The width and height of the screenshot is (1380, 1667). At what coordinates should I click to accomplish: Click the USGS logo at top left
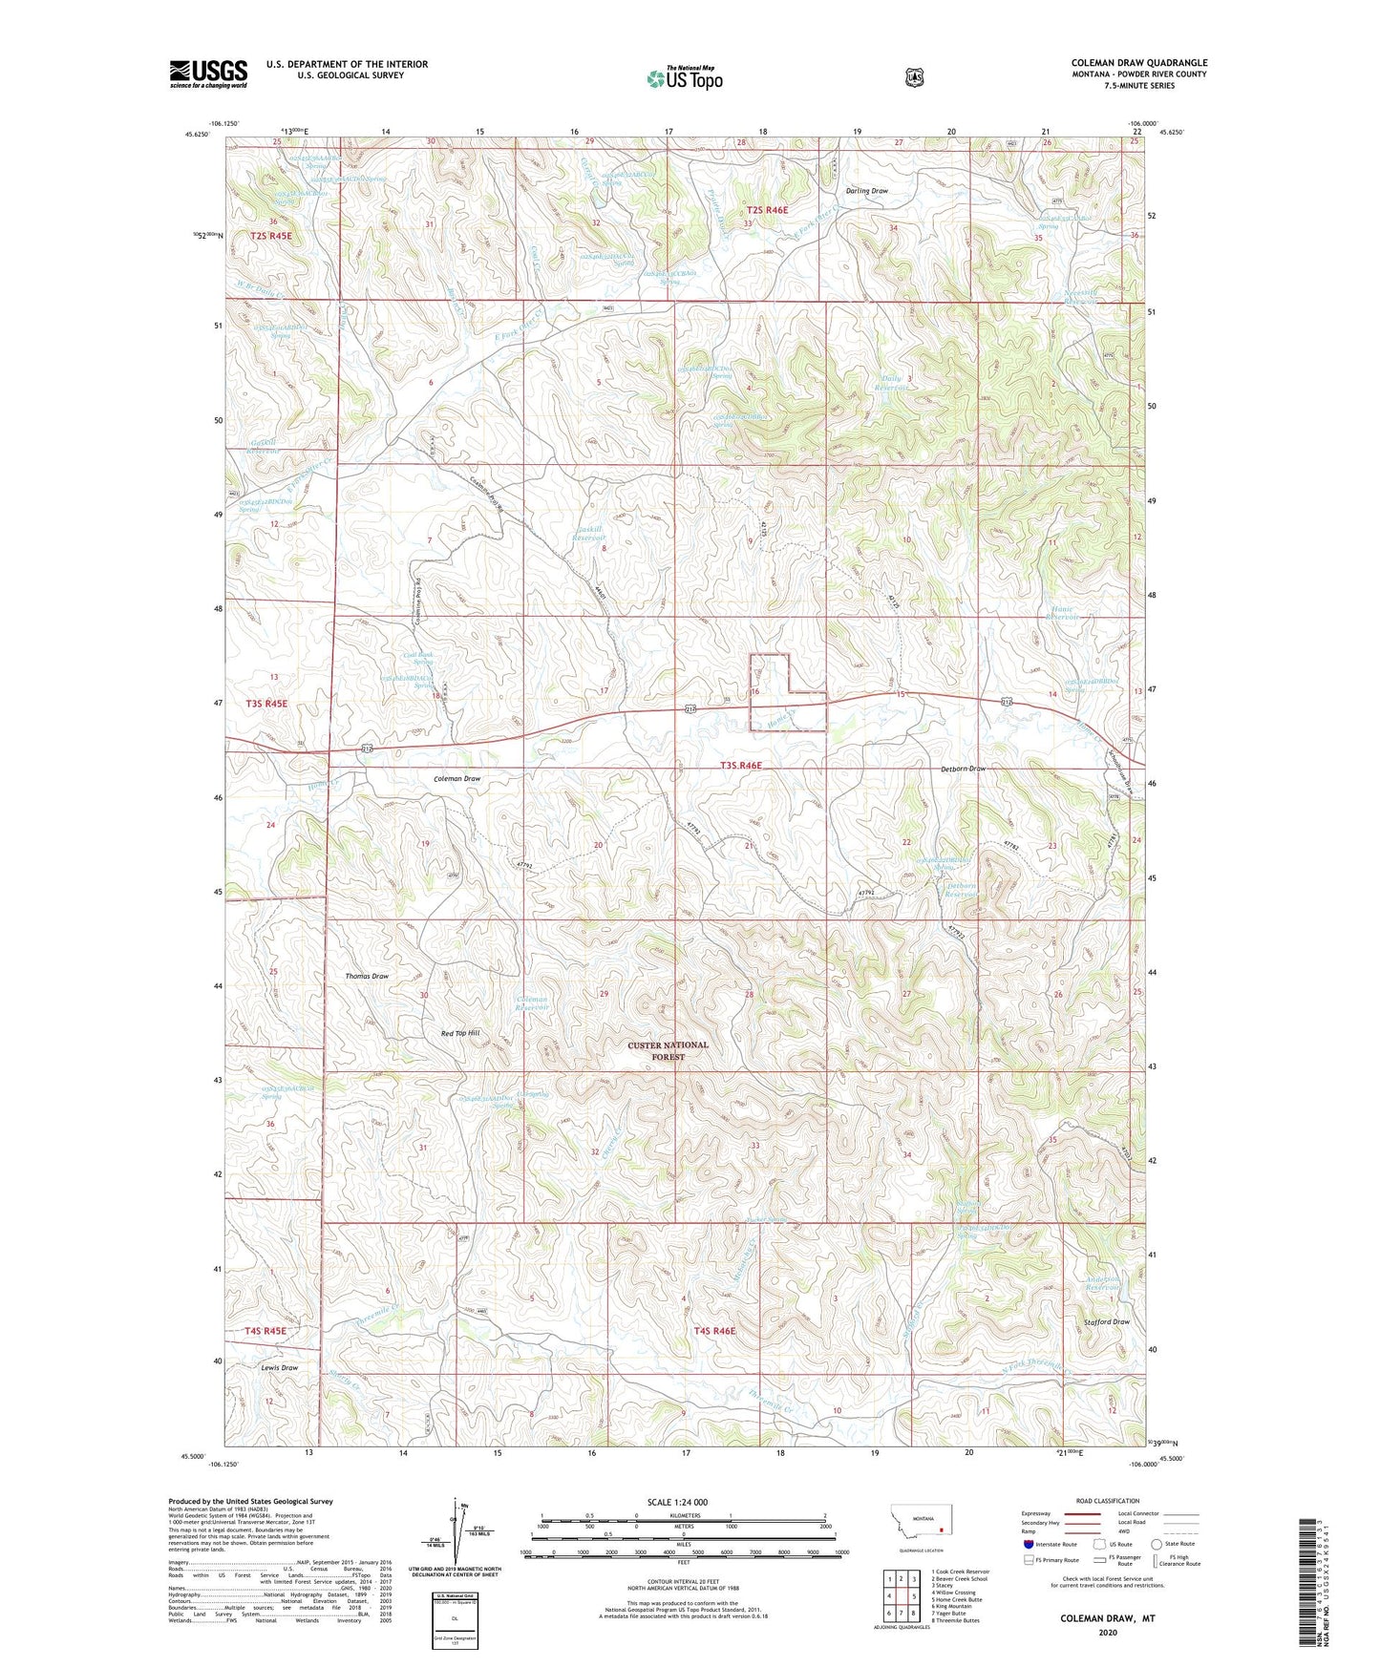click(208, 74)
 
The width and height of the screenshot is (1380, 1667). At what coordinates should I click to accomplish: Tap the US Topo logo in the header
click(683, 78)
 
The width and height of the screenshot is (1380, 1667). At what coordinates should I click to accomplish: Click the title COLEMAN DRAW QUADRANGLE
click(1138, 63)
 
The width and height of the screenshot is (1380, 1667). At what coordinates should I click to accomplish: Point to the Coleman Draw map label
click(458, 778)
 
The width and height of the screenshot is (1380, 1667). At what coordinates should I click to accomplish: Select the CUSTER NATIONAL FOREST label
click(668, 1050)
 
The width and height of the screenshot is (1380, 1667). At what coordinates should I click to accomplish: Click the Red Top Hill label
click(459, 1034)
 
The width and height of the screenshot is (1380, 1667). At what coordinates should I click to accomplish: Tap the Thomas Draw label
click(367, 976)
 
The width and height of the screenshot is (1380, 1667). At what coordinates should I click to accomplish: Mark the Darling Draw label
click(866, 191)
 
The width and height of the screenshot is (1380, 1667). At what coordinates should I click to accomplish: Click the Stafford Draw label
click(1107, 1321)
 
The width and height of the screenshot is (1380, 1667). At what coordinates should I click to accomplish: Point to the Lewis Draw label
click(280, 1367)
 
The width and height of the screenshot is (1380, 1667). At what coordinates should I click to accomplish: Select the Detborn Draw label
click(963, 769)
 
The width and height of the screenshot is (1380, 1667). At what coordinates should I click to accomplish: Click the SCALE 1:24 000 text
click(677, 1502)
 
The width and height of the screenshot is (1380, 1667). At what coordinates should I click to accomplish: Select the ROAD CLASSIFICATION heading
click(1107, 1501)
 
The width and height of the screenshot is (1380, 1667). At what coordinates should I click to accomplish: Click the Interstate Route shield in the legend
click(1028, 1543)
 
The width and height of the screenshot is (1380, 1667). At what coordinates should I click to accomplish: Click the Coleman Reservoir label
click(533, 1003)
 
